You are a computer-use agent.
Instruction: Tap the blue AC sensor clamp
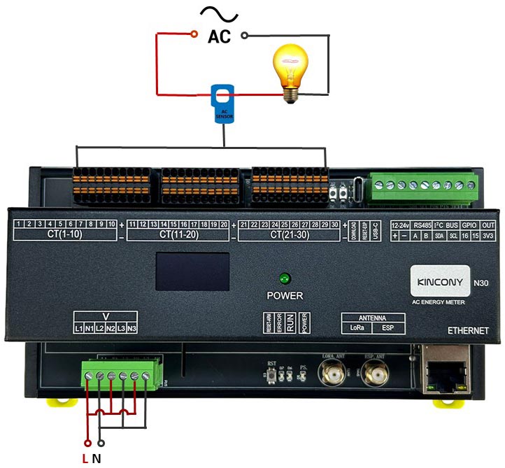(x=224, y=103)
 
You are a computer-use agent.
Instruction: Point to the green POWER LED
(x=284, y=278)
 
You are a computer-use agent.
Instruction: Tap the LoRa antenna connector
(x=333, y=376)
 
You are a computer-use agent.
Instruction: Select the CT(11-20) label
(x=179, y=234)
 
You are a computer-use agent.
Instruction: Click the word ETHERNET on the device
(x=469, y=329)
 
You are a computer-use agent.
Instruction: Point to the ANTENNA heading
(x=367, y=316)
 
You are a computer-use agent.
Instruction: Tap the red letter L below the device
(x=85, y=459)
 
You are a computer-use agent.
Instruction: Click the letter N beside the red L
(x=97, y=459)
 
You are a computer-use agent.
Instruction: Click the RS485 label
(x=422, y=225)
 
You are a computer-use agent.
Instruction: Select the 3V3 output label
(x=488, y=236)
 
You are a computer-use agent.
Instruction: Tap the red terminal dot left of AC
(x=194, y=34)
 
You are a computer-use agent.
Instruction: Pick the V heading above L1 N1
(x=106, y=316)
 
